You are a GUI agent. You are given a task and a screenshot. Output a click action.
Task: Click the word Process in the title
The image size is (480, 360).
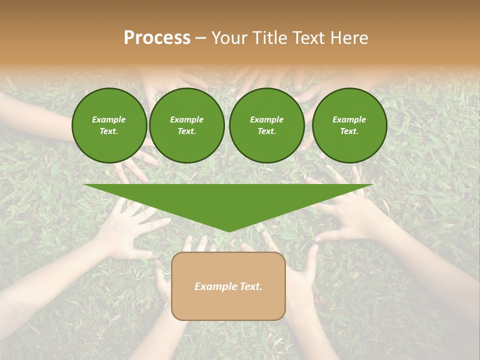157,38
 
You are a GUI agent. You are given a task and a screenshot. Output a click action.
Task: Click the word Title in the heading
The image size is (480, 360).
268,38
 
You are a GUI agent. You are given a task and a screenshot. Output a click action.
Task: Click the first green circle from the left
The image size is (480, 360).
109,125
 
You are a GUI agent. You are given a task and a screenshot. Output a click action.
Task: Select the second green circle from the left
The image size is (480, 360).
186,125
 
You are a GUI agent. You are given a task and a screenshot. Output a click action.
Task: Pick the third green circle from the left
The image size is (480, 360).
266,125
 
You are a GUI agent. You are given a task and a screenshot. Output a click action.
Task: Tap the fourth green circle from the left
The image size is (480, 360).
349,125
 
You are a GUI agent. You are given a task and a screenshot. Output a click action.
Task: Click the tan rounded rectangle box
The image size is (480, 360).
228,300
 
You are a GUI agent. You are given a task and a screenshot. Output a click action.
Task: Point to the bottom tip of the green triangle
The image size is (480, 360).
228,231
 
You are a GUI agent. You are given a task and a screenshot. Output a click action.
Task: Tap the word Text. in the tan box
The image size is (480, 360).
250,286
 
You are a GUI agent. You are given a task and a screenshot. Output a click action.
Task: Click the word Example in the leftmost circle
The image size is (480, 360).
109,119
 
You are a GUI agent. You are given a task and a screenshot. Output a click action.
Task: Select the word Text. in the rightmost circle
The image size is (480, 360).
349,131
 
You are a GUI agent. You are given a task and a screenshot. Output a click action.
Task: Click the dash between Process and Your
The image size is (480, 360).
200,38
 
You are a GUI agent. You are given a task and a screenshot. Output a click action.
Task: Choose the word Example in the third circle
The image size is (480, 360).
266,119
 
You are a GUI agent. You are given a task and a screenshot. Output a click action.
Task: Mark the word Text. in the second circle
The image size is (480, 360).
186,131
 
